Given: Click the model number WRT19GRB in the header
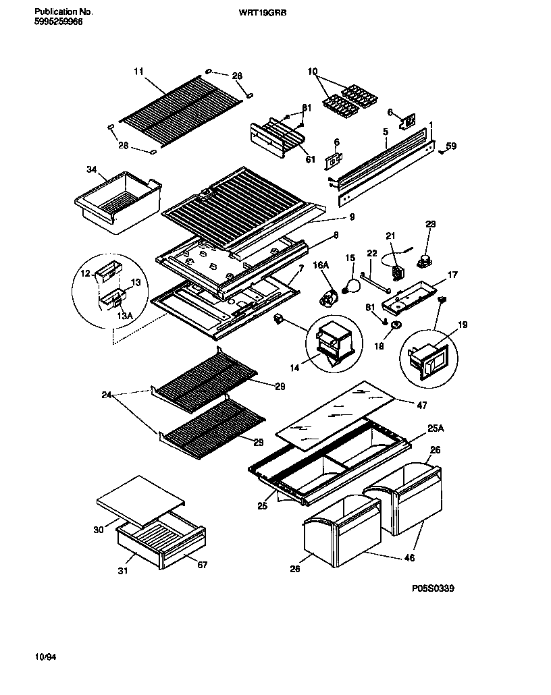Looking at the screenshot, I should click(263, 12).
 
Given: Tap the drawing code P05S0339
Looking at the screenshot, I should click(433, 588).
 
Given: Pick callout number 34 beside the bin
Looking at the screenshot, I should click(92, 169).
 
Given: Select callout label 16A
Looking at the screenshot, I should click(321, 267).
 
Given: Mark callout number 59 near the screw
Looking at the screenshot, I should click(451, 145).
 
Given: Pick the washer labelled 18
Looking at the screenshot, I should click(395, 327).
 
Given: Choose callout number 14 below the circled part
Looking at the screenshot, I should click(295, 367).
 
